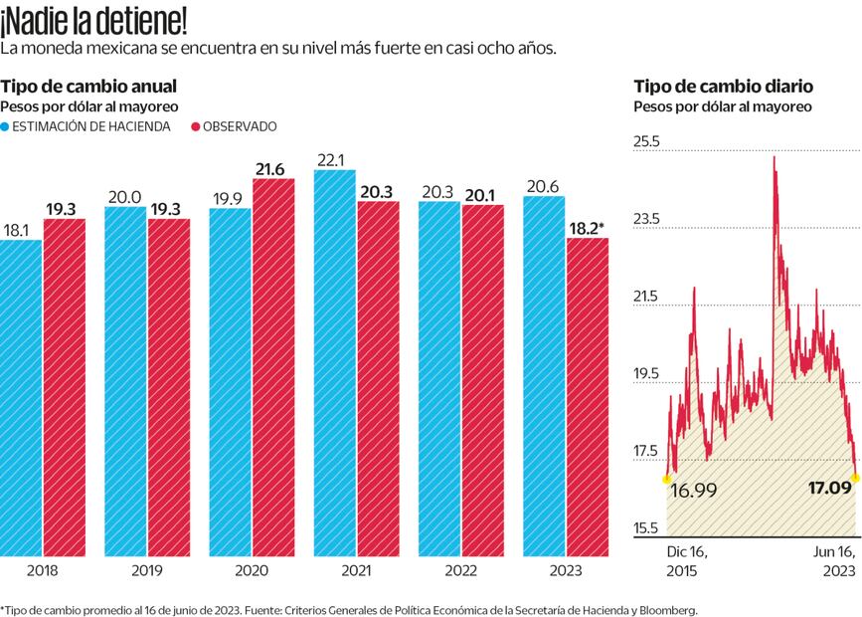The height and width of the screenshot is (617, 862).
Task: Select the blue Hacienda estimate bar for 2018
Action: pyautogui.click(x=21, y=398)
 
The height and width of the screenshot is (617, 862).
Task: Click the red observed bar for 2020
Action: pyautogui.click(x=273, y=368)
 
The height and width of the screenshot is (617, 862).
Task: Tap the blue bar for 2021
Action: pyautogui.click(x=334, y=363)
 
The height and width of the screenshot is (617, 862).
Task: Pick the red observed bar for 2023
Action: pyautogui.click(x=588, y=398)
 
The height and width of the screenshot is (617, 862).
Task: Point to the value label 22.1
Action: pyautogui.click(x=332, y=159)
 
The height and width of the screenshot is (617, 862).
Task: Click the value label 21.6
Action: pyautogui.click(x=271, y=169)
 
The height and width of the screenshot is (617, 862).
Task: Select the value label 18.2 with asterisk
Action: pyautogui.click(x=588, y=228)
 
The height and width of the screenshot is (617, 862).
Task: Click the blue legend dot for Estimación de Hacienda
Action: pyautogui.click(x=6, y=126)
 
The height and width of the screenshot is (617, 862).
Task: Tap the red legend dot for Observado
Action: pyautogui.click(x=196, y=126)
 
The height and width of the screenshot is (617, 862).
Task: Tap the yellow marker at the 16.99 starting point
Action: pyautogui.click(x=666, y=479)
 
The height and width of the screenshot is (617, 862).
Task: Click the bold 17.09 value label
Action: pyautogui.click(x=829, y=488)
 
